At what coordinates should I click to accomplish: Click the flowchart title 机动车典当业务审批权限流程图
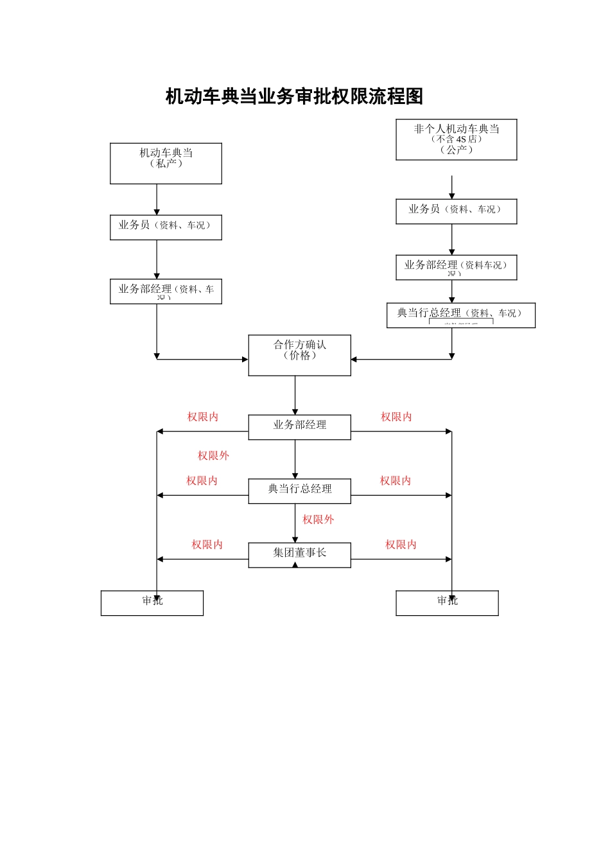click(294, 96)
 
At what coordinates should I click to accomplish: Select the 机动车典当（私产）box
click(166, 163)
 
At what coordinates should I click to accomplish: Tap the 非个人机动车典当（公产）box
click(456, 139)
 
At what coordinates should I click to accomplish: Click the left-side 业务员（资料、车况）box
click(166, 227)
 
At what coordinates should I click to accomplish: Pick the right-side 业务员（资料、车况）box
click(456, 211)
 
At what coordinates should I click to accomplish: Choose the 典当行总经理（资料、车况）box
click(460, 315)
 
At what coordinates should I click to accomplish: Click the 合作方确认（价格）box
click(299, 355)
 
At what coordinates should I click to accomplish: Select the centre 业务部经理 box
click(299, 427)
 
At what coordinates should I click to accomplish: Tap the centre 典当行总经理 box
click(299, 491)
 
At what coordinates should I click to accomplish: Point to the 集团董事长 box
click(299, 555)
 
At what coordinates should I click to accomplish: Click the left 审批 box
click(152, 603)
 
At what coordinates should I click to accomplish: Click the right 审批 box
click(447, 603)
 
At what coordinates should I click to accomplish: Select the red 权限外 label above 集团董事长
click(318, 519)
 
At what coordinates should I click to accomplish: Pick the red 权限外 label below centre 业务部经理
click(213, 455)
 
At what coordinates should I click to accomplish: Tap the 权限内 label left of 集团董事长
click(207, 545)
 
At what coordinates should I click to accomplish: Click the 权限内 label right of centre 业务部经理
click(396, 417)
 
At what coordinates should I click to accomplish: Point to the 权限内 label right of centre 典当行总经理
click(395, 480)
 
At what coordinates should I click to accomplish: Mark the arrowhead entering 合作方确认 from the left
click(245, 360)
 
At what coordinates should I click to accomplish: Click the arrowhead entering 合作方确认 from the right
click(354, 360)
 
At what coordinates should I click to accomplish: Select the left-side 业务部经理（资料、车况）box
click(166, 292)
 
